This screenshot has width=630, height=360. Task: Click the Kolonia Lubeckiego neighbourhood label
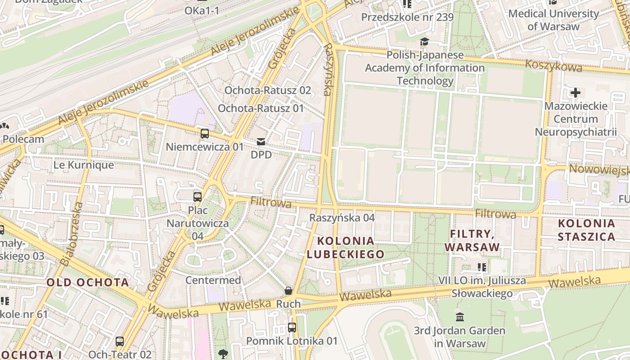point(345,247)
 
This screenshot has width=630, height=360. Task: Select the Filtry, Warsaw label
point(472,240)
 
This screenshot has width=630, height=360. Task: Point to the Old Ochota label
point(88,283)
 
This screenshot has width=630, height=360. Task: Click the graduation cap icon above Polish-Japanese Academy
point(424,42)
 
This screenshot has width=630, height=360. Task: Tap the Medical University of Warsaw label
point(553,20)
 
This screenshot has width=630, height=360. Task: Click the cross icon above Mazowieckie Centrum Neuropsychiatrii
point(575,93)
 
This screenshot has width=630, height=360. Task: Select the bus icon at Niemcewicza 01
point(205,133)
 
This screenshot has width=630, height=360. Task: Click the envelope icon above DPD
point(261,142)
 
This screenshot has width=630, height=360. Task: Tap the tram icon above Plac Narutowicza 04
point(198,197)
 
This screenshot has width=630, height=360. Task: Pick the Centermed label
point(213,280)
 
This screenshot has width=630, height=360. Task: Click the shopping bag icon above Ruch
point(288,291)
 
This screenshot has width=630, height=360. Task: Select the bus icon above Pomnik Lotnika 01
point(292,328)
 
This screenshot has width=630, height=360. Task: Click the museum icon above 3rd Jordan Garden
point(459,317)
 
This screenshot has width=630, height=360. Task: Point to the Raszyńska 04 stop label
point(342,218)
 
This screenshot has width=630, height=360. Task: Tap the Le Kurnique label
point(84,165)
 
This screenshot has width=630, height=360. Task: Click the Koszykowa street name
point(553,66)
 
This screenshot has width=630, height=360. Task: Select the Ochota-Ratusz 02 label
point(268,90)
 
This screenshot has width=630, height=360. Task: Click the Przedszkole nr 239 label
point(407,18)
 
